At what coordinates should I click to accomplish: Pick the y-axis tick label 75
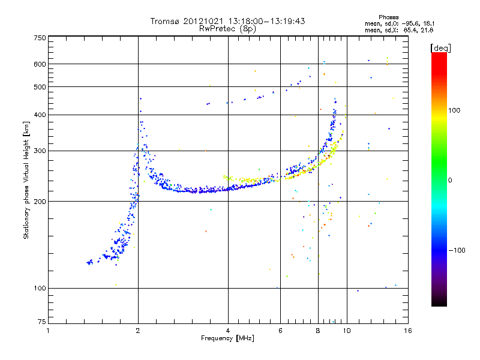(x=41, y=323)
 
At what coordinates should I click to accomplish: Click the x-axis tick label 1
(x=48, y=331)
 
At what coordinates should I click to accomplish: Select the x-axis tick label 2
(x=138, y=331)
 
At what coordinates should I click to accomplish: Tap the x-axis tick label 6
(x=280, y=331)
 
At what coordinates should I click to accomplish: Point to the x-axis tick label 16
(x=407, y=331)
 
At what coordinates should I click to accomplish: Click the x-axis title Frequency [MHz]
(x=228, y=338)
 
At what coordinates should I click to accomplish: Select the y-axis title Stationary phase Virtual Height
(x=26, y=180)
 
